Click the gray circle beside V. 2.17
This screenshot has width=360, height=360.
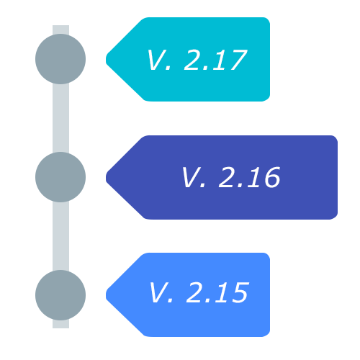pos(60,59)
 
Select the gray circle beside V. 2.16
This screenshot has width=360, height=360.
pos(60,177)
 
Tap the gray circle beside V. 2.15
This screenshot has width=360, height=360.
pos(60,295)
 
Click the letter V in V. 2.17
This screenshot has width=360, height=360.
pos(156,60)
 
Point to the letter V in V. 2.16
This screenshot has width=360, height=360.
pos(191,177)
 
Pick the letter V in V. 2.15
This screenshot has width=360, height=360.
pos(158,292)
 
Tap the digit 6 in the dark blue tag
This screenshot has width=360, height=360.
pos(272,177)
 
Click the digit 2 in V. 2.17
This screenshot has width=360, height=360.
pos(192,60)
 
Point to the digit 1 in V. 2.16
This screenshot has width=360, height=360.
pos(254,177)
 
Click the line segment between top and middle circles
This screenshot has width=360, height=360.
pos(60,118)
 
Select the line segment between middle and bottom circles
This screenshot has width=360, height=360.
pos(60,236)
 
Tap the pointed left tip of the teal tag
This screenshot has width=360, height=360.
pos(106,60)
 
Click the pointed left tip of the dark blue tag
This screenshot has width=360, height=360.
pos(106,178)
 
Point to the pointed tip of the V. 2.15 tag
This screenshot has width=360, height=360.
pos(106,295)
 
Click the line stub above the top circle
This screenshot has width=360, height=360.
pos(60,30)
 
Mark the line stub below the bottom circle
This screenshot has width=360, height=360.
pos(60,324)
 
